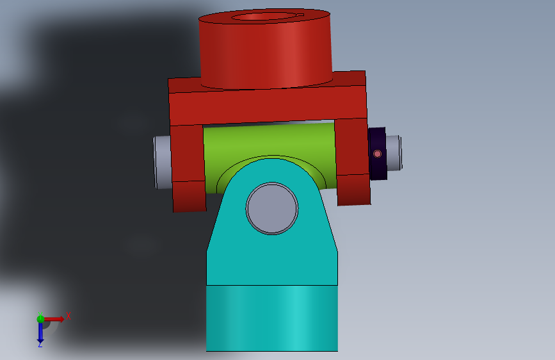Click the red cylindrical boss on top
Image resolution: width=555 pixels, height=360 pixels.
pyautogui.click(x=266, y=54)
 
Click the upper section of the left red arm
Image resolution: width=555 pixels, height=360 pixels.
pyautogui.click(x=187, y=153)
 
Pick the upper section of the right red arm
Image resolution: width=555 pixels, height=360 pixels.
pyautogui.click(x=351, y=147)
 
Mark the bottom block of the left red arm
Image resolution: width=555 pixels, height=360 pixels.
pyautogui.click(x=189, y=196)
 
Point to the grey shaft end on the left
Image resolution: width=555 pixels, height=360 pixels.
pyautogui.click(x=163, y=161)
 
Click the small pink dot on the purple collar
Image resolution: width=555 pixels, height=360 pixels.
pyautogui.click(x=378, y=154)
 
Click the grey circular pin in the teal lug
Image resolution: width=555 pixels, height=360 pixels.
pyautogui.click(x=272, y=208)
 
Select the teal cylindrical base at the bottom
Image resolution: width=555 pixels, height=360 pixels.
pyautogui.click(x=271, y=318)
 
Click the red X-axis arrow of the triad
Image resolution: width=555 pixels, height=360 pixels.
pyautogui.click(x=54, y=318)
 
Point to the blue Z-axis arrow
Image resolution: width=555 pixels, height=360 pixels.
pyautogui.click(x=40, y=331)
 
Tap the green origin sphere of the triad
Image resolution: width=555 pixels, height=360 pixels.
pyautogui.click(x=40, y=318)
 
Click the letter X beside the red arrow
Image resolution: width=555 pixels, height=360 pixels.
pyautogui.click(x=67, y=316)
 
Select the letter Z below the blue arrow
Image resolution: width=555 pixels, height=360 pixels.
pyautogui.click(x=40, y=344)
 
